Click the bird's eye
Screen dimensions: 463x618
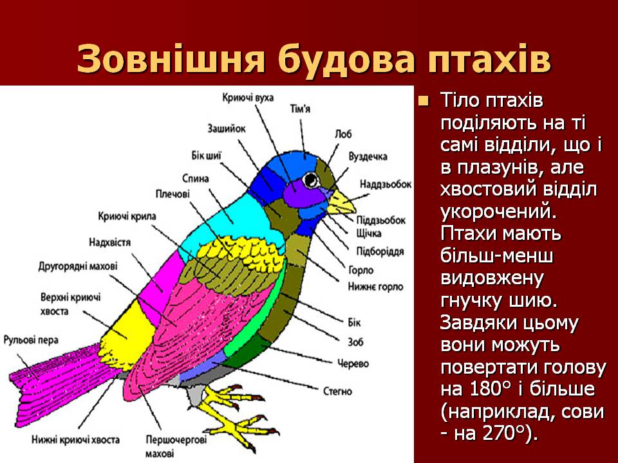pyautogui.click(x=312, y=178)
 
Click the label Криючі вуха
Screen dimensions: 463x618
pyautogui.click(x=248, y=97)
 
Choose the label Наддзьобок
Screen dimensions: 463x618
pyautogui.click(x=385, y=184)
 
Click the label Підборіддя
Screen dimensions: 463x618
pyautogui.click(x=380, y=251)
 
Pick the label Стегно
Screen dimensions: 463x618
pyautogui.click(x=337, y=390)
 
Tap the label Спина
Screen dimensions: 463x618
pyautogui.click(x=196, y=178)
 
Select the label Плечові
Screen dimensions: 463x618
pyautogui.click(x=173, y=194)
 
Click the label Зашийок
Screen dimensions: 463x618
pyautogui.click(x=227, y=128)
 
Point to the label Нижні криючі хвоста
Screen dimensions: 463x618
pyautogui.click(x=75, y=440)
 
